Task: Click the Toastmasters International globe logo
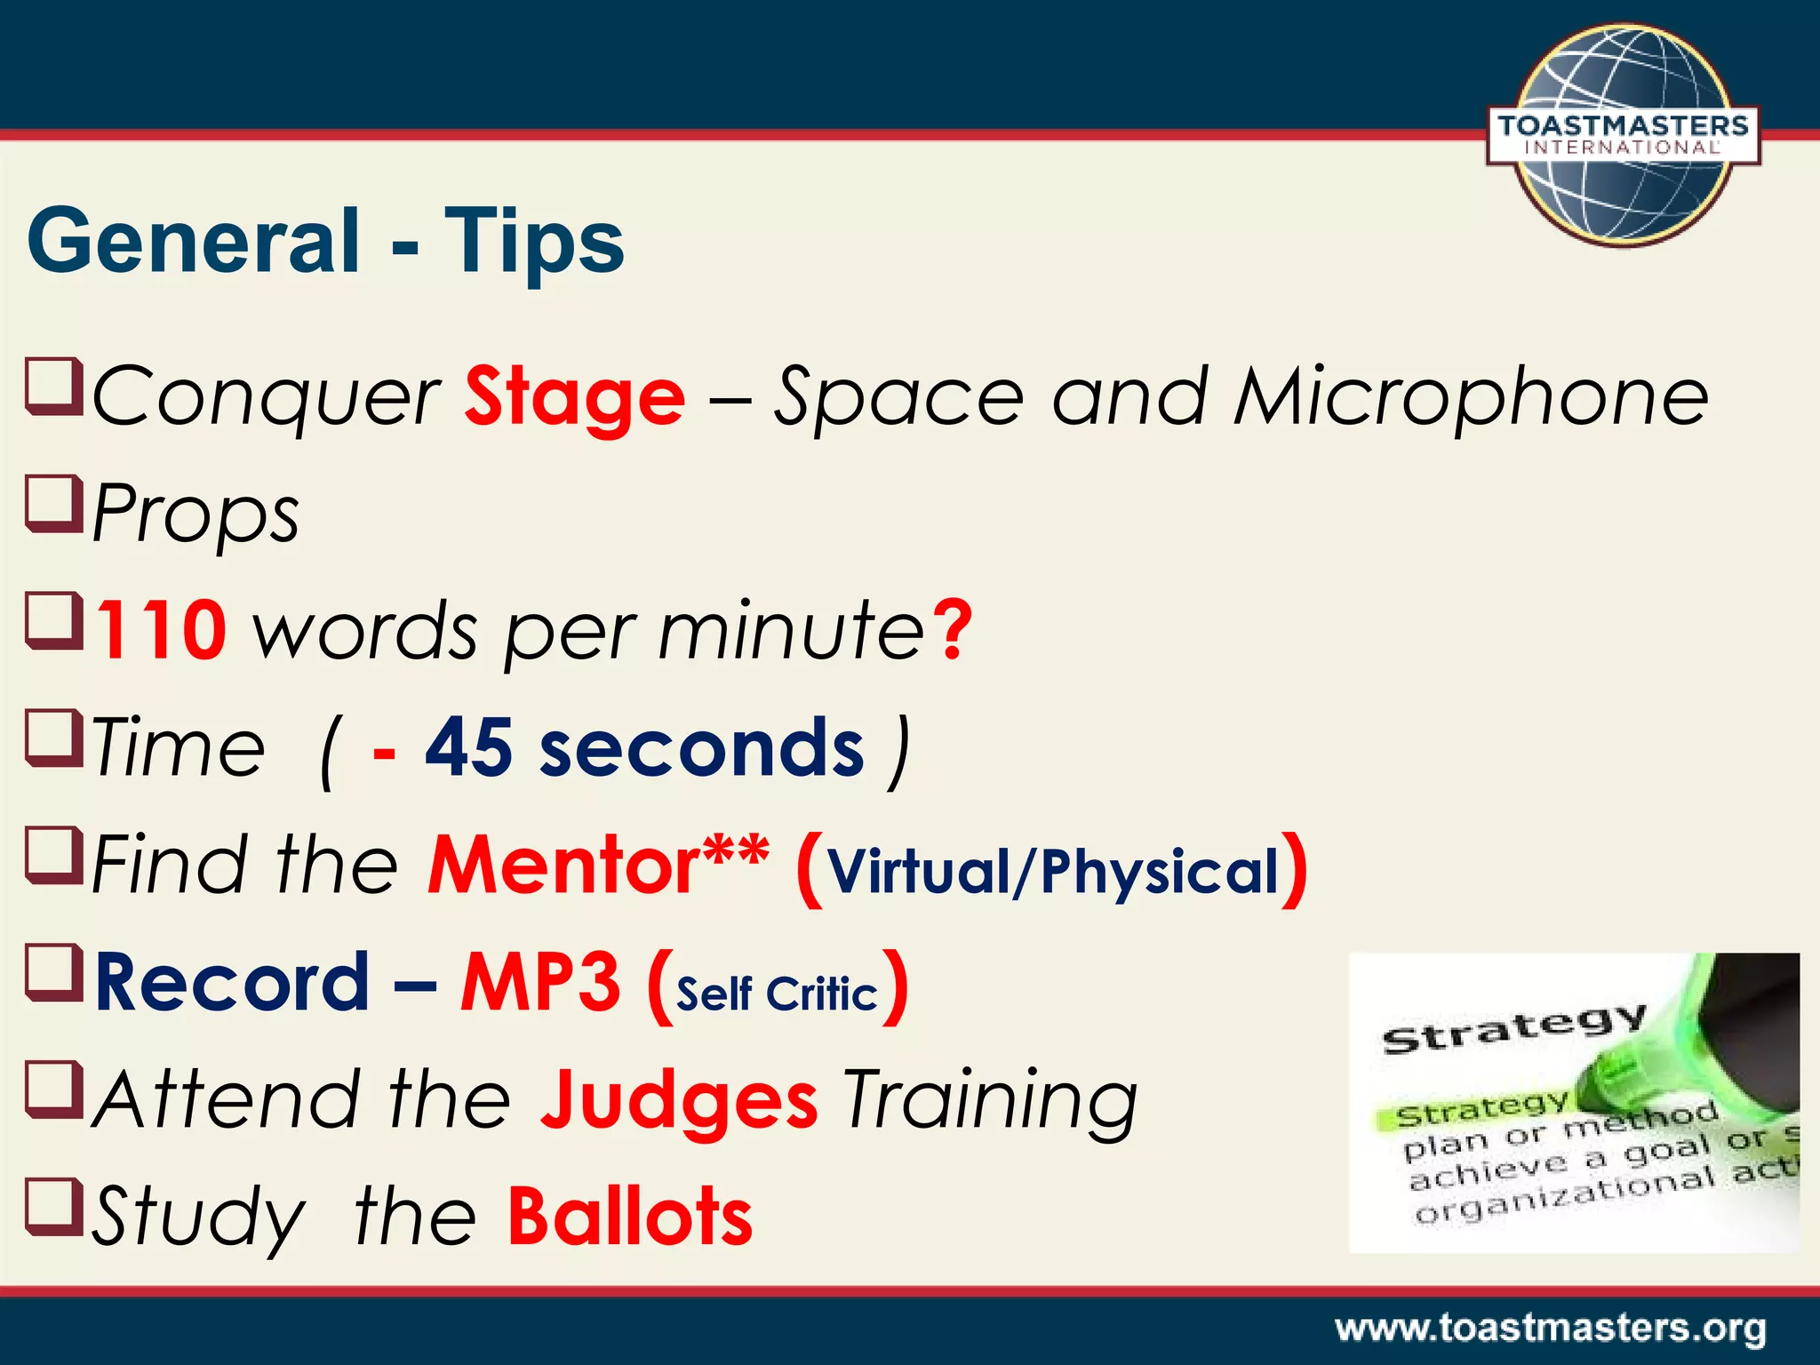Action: [x=1622, y=135]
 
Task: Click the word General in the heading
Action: [x=194, y=241]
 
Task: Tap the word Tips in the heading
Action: [x=534, y=241]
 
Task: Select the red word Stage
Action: [x=574, y=397]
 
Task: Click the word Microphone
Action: [x=1471, y=397]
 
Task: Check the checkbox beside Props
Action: [x=54, y=503]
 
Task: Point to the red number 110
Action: [x=161, y=631]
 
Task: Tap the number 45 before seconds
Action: [x=468, y=748]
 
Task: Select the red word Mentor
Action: [x=563, y=866]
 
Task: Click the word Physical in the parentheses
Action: [x=1160, y=872]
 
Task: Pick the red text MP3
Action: [x=540, y=983]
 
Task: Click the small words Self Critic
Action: [x=777, y=994]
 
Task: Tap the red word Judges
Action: [x=679, y=1102]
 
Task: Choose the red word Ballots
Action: [x=630, y=1217]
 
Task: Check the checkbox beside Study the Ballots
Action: [x=54, y=1206]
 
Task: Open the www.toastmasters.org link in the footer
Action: [x=1550, y=1329]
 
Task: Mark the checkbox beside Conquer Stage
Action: [x=54, y=386]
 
